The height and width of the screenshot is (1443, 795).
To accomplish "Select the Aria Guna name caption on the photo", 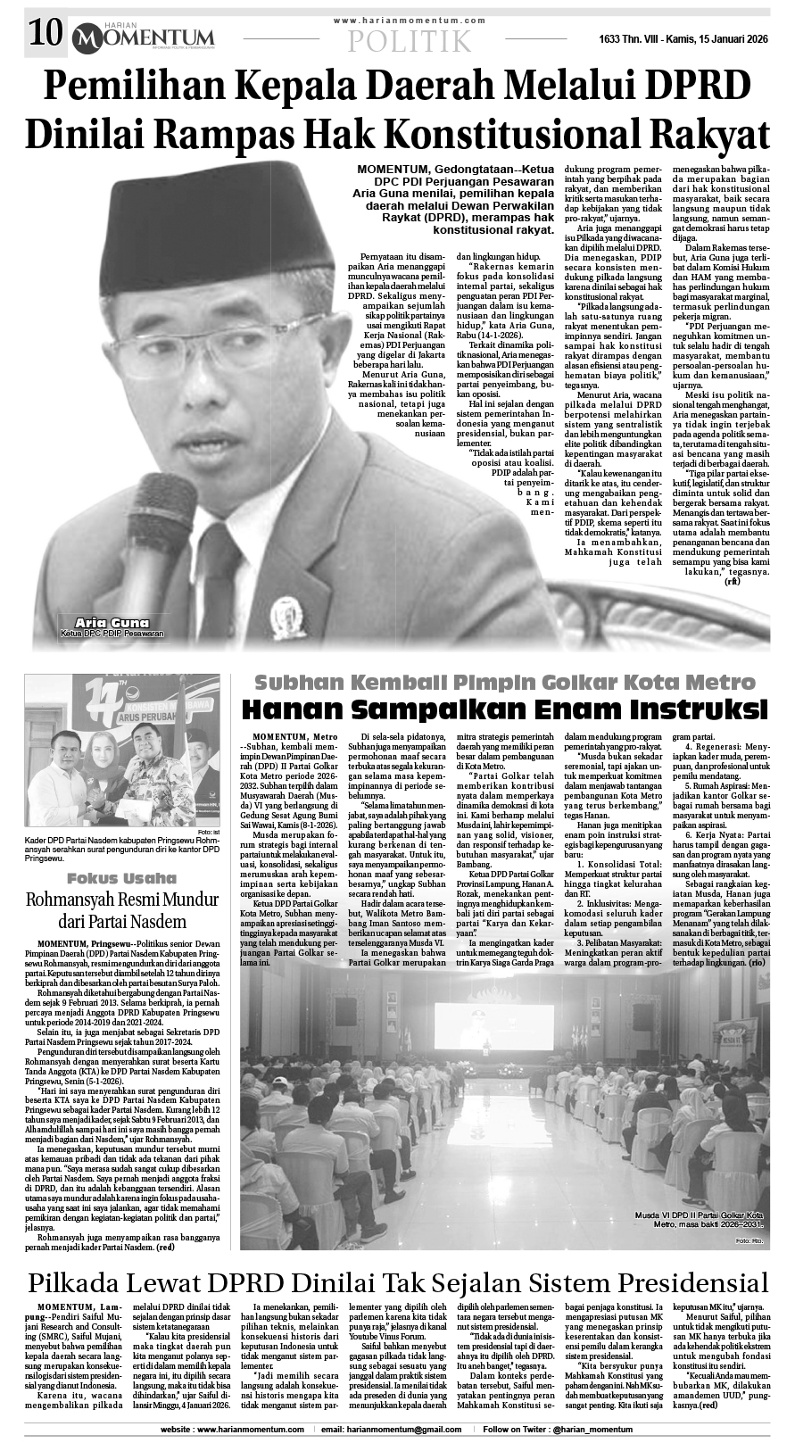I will tap(112, 622).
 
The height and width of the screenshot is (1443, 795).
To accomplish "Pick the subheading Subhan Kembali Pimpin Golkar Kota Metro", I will tap(505, 684).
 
